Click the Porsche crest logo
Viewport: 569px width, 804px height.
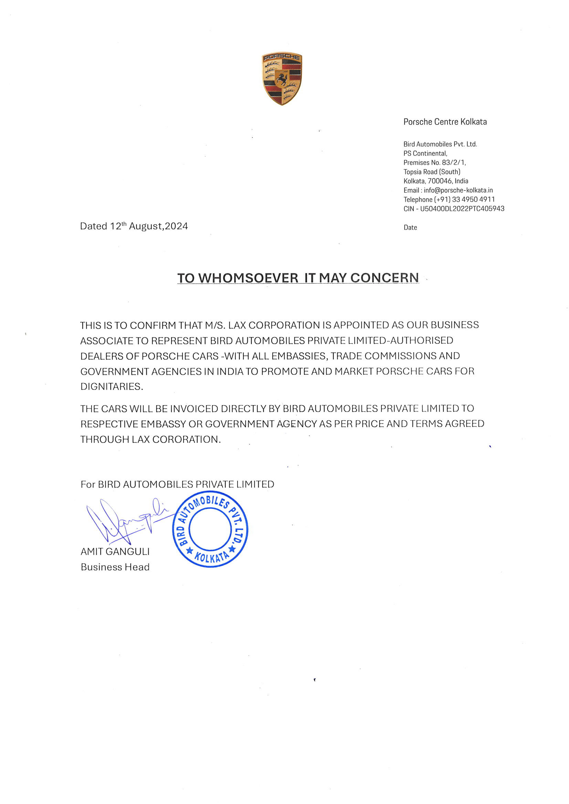coord(282,78)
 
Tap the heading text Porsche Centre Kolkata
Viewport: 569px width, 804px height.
coord(445,122)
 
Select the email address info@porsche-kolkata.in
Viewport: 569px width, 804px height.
coord(458,190)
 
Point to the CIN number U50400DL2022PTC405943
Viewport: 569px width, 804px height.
coord(462,209)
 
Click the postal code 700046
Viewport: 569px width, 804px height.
coord(440,181)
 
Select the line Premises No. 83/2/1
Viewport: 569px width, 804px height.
coord(434,162)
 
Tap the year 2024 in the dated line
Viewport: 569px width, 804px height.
coord(176,226)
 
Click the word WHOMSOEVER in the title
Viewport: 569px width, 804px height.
coord(248,278)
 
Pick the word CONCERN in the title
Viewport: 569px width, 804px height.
coord(384,278)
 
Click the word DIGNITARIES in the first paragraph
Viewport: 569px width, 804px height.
coord(112,387)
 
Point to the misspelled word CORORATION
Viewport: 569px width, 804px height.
coord(186,439)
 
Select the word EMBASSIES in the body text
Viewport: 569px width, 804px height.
coord(299,356)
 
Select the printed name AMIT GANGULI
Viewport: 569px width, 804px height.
coord(115,552)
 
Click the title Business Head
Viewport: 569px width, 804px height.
coord(115,567)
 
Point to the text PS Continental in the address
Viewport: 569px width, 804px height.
coord(425,153)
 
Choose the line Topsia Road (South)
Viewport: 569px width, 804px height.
coord(432,172)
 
